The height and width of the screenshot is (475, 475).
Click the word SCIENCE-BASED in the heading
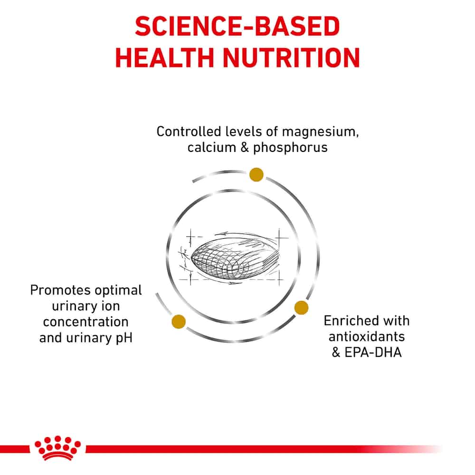237,26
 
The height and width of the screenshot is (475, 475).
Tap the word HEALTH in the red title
165,57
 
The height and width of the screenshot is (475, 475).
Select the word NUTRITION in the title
292,57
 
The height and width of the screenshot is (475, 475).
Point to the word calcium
211,148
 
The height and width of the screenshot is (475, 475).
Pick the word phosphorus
290,148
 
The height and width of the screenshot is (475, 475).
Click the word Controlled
189,132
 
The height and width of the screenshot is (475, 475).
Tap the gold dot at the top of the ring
256,174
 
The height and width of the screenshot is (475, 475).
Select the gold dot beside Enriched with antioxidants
301,307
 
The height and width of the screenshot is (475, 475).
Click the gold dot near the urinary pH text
179,322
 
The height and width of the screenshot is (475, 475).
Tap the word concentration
85,322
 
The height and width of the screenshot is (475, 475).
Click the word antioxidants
367,337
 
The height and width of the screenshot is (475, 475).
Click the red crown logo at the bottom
57,448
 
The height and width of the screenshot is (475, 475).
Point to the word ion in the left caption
111,306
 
